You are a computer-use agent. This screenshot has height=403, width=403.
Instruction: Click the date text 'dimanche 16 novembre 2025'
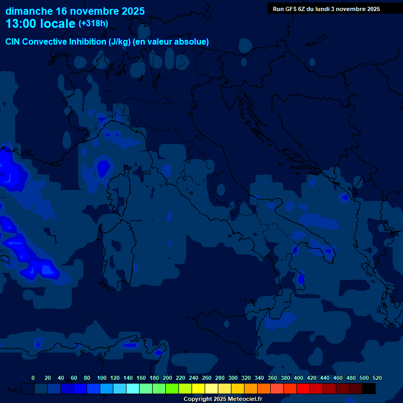[x=75, y=11]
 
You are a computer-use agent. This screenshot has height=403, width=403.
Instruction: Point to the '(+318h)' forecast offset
[x=93, y=24]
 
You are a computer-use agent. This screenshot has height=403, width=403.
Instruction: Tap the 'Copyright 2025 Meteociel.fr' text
[x=222, y=399]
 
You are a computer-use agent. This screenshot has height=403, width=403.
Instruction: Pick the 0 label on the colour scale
[x=33, y=378]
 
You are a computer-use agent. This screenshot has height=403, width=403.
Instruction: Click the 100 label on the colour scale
[x=101, y=378]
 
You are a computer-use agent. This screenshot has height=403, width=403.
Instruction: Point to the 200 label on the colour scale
[x=167, y=378]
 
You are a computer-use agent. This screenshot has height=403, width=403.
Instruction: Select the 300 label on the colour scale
[x=233, y=378]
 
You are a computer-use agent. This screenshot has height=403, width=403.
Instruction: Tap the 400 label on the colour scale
[x=299, y=378]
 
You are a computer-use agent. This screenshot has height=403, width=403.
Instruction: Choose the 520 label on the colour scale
[x=377, y=378]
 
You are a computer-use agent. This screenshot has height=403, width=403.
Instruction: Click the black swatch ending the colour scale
[x=369, y=389]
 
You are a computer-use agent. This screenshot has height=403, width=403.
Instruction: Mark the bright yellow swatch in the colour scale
[x=198, y=389]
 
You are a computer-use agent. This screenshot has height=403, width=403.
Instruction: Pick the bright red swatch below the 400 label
[x=303, y=389]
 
